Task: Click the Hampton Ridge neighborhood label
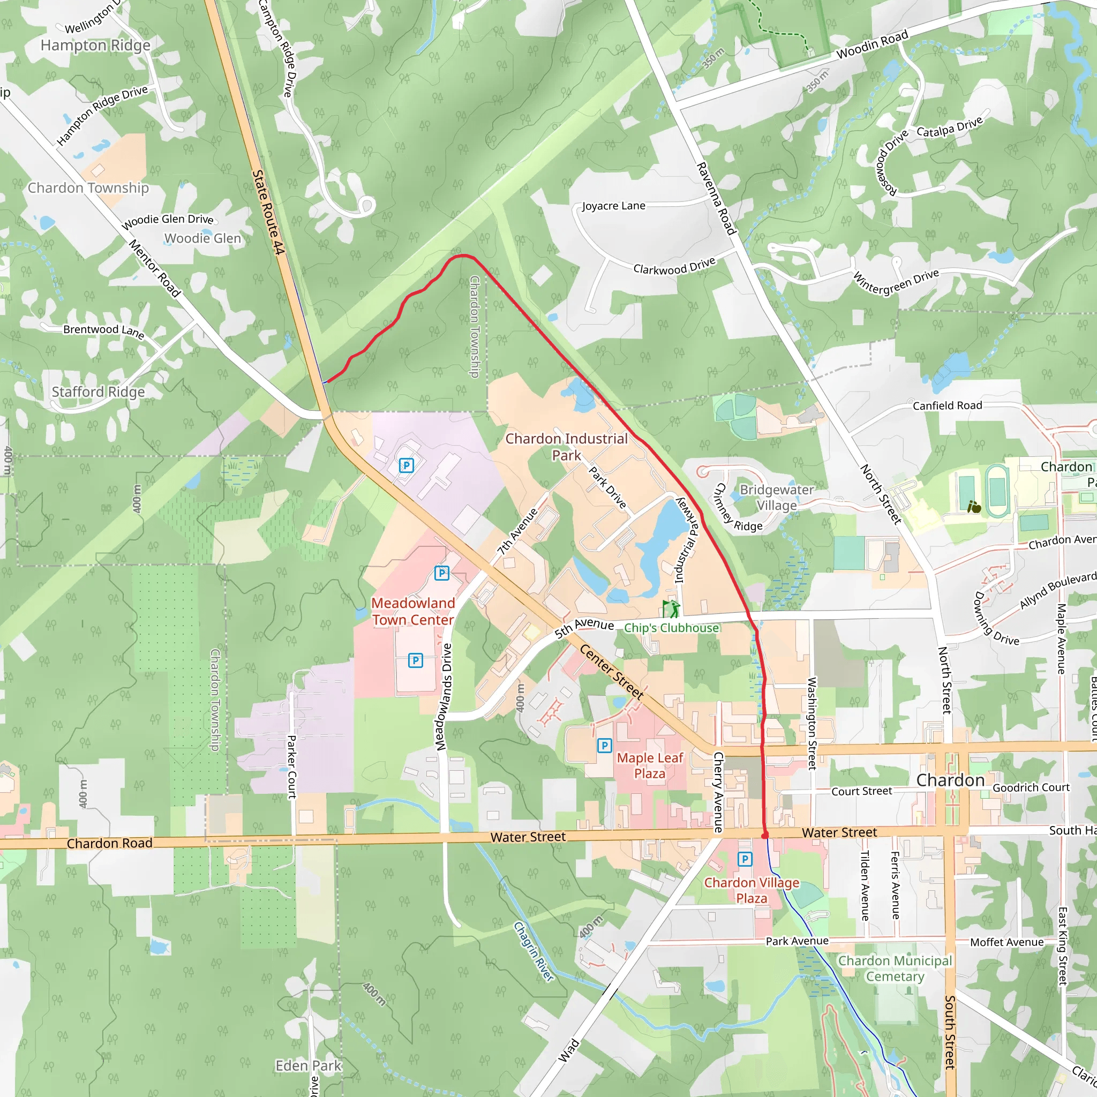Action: pyautogui.click(x=95, y=46)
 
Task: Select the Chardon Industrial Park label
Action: pyautogui.click(x=566, y=447)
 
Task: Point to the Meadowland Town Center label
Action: pyautogui.click(x=413, y=611)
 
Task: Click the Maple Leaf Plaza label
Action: pyautogui.click(x=650, y=765)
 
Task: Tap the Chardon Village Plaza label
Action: pyautogui.click(x=751, y=890)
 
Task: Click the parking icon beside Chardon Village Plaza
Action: pyautogui.click(x=745, y=859)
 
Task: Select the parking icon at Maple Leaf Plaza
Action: pyautogui.click(x=604, y=746)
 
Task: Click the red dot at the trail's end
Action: pyautogui.click(x=765, y=835)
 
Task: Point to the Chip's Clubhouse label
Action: pyautogui.click(x=671, y=628)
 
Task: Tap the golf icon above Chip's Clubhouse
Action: pyautogui.click(x=671, y=608)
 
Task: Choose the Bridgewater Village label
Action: pyautogui.click(x=776, y=498)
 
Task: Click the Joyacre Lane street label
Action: pyautogui.click(x=613, y=206)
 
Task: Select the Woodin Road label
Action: pyautogui.click(x=872, y=45)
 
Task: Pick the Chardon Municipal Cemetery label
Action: pyautogui.click(x=895, y=968)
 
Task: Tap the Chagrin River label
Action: pyautogui.click(x=533, y=951)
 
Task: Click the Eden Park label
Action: pyautogui.click(x=309, y=1066)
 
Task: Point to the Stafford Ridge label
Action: pyautogui.click(x=98, y=392)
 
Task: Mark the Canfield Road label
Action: pyautogui.click(x=947, y=405)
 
